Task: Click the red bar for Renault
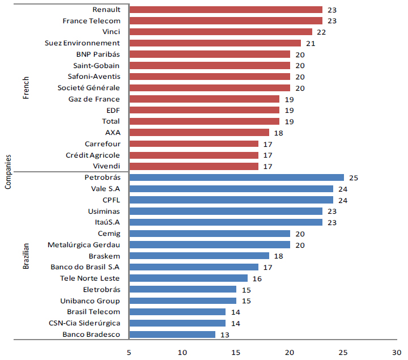point(226,10)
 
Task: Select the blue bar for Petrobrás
point(236,177)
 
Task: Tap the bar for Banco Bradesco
point(172,334)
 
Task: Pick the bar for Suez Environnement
point(215,43)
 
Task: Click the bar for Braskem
point(199,256)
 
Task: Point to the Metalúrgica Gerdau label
point(84,245)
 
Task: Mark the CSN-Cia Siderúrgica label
point(85,323)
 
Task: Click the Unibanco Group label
point(91,300)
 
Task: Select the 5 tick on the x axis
point(129,351)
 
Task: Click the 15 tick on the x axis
point(236,351)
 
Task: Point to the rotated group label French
point(25,88)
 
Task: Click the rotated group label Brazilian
point(25,255)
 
